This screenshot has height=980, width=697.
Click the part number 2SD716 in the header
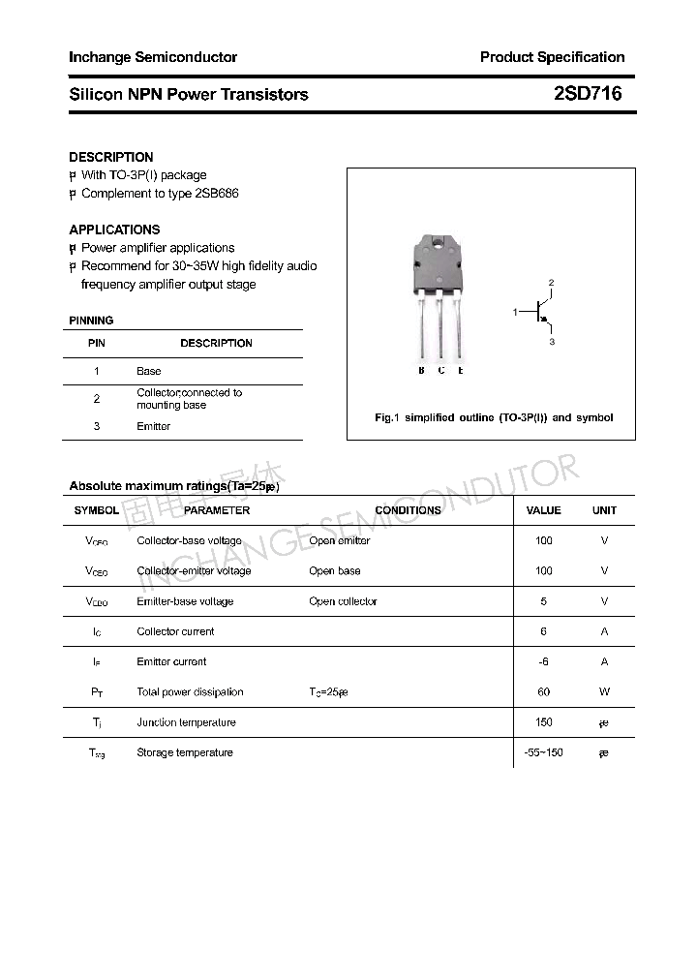click(x=588, y=94)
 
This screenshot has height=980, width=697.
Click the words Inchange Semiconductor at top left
click(x=153, y=57)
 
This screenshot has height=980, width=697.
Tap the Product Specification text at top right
click(x=552, y=57)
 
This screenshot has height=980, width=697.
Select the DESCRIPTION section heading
click(x=110, y=157)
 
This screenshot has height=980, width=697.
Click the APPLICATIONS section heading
click(x=114, y=230)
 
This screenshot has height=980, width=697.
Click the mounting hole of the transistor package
click(x=441, y=243)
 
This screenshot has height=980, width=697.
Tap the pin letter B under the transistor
click(x=421, y=371)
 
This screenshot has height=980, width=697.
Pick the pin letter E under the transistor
click(x=461, y=371)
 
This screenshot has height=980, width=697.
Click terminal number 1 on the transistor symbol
click(x=516, y=312)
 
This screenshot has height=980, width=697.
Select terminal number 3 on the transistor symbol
click(x=552, y=342)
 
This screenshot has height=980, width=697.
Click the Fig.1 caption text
click(x=494, y=417)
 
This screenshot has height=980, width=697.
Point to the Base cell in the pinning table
click(x=149, y=371)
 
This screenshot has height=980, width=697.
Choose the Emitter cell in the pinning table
click(x=153, y=426)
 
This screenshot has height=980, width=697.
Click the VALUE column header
click(x=543, y=510)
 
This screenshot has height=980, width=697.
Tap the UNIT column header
click(x=604, y=510)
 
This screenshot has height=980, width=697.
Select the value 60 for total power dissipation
click(x=543, y=692)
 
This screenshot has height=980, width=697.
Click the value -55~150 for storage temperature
click(x=543, y=752)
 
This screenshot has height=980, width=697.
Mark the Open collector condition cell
click(x=343, y=601)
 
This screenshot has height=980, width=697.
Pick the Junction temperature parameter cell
click(x=186, y=722)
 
